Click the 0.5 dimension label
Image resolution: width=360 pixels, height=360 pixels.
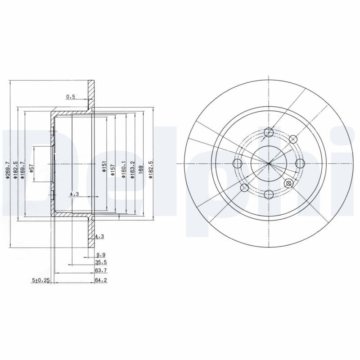(71, 96)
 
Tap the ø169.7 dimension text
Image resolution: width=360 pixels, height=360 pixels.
(22, 171)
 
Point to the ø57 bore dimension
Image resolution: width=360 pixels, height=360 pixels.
(31, 167)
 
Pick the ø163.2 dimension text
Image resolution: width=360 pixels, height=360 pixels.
(132, 170)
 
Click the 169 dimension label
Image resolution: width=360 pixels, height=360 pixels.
(141, 170)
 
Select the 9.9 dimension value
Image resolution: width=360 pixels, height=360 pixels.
(100, 255)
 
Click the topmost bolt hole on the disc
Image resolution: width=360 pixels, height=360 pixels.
(269, 132)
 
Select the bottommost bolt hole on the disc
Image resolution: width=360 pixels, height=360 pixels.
(269, 194)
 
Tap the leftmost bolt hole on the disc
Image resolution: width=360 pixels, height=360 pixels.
(238, 163)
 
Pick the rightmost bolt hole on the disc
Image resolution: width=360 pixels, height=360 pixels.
(300, 163)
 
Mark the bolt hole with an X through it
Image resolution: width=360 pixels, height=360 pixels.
(289, 183)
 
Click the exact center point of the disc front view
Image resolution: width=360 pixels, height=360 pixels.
(269, 163)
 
